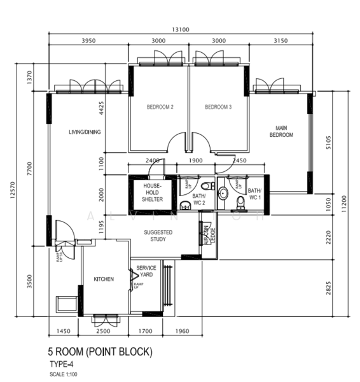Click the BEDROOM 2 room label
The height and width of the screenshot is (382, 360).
point(160,107)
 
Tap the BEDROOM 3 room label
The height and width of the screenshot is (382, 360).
point(218,107)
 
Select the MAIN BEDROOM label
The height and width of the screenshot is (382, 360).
point(281,131)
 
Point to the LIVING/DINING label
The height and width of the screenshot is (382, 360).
point(85,132)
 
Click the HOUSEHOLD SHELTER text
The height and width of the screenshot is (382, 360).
point(152,192)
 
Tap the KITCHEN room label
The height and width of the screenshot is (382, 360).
point(104,279)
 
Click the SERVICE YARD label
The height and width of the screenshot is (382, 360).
point(146,271)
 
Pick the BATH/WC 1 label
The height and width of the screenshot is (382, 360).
point(254,194)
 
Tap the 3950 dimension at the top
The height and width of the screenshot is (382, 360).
point(89,41)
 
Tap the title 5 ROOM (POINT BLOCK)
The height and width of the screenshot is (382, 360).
point(100,351)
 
